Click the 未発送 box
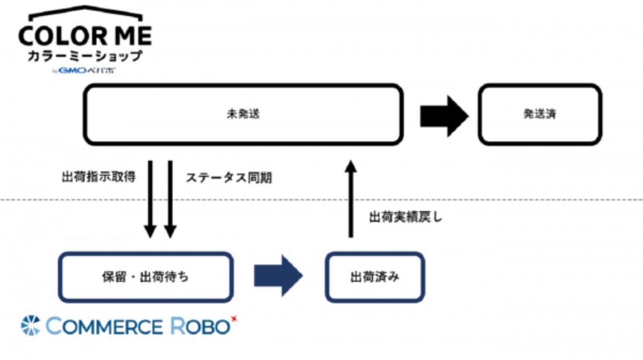pyautogui.click(x=243, y=114)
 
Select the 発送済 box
pyautogui.click(x=540, y=114)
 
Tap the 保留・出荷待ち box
pyautogui.click(x=146, y=277)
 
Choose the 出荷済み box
pyautogui.click(x=375, y=277)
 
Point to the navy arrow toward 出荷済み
pyautogui.click(x=278, y=276)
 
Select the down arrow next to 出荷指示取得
pyautogui.click(x=151, y=198)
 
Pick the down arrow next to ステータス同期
pyautogui.click(x=170, y=198)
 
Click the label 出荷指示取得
pyautogui.click(x=101, y=177)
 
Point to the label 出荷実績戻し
pyautogui.click(x=406, y=217)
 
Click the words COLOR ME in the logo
pyautogui.click(x=85, y=36)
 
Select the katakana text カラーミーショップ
pyautogui.click(x=86, y=56)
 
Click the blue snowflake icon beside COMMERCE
pyautogui.click(x=31, y=325)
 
